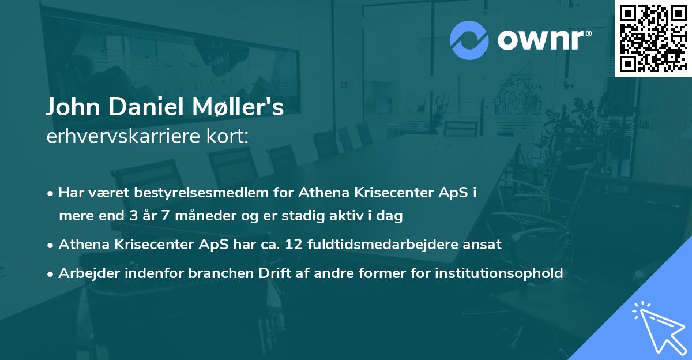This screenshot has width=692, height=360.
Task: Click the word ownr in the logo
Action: pos(543,39)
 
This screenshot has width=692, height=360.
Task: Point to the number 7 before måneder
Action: pos(168,216)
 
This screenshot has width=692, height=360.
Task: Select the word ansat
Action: pos(486,244)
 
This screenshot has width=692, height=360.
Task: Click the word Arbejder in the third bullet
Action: pos(84,273)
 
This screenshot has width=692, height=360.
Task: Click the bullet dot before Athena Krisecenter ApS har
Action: pos(51,245)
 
